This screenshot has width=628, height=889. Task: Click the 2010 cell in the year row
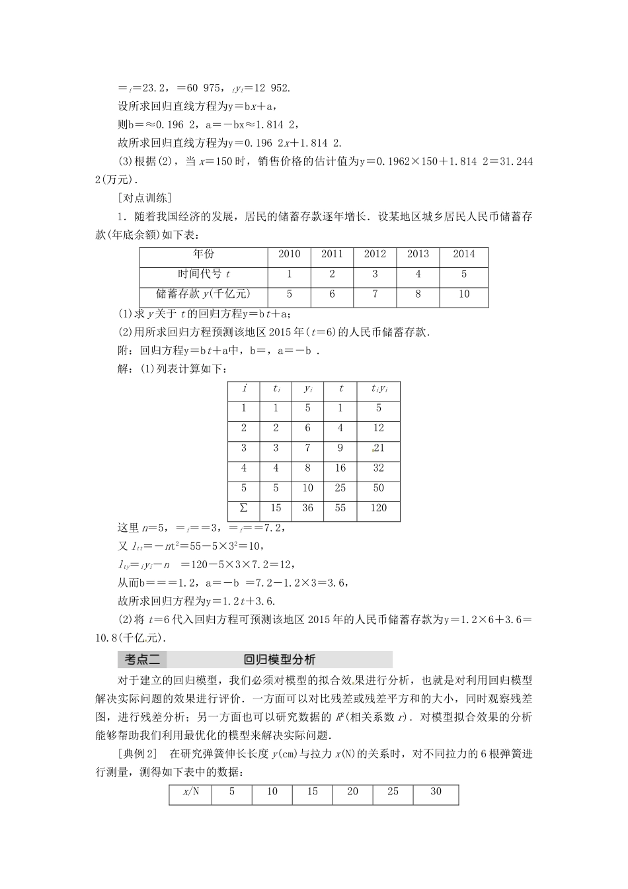pyautogui.click(x=290, y=254)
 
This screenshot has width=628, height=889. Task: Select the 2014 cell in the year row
pyautogui.click(x=464, y=254)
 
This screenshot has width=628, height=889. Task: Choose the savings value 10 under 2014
pyautogui.click(x=464, y=294)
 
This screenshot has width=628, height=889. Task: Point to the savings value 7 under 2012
pyautogui.click(x=375, y=294)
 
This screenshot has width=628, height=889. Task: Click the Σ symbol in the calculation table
pyautogui.click(x=244, y=508)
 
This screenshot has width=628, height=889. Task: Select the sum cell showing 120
pyautogui.click(x=379, y=508)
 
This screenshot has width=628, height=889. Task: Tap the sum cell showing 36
pyautogui.click(x=308, y=508)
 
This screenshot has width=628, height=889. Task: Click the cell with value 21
pyautogui.click(x=379, y=448)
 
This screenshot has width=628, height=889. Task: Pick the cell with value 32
pyautogui.click(x=379, y=468)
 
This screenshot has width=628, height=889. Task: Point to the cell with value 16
pyautogui.click(x=340, y=468)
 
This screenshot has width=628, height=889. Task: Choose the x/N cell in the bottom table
pyautogui.click(x=190, y=792)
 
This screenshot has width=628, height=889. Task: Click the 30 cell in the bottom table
pyautogui.click(x=436, y=792)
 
